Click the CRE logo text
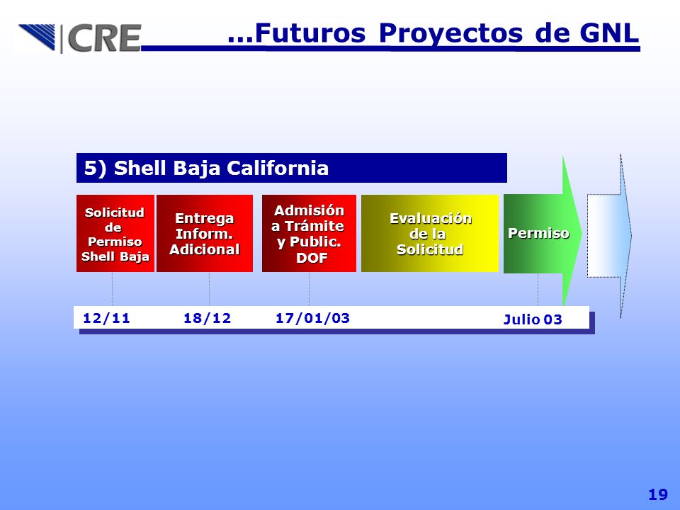[x=105, y=38]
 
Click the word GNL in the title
[x=609, y=33]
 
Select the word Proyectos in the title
[x=450, y=34]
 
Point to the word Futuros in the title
[x=310, y=33]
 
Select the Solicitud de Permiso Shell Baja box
[x=115, y=233]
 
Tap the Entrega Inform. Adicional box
[x=205, y=233]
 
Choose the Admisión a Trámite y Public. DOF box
[x=309, y=233]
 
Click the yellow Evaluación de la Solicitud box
[x=430, y=233]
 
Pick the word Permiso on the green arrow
[x=538, y=233]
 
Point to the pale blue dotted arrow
[x=609, y=236]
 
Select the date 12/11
[x=106, y=318]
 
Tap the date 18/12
[x=208, y=318]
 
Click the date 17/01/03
[x=312, y=318]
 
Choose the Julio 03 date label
[x=533, y=319]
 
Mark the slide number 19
[x=658, y=494]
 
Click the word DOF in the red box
[x=312, y=258]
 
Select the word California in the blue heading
[x=278, y=168]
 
